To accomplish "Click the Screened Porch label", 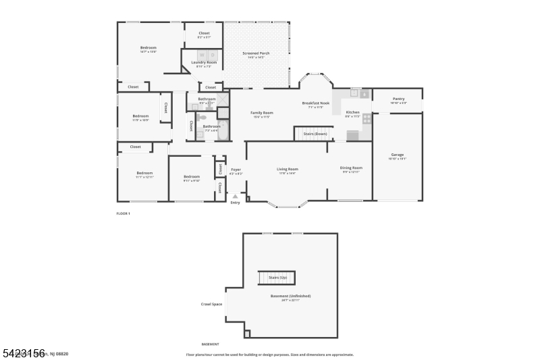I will [255, 53].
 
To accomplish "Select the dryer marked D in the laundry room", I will [212, 55].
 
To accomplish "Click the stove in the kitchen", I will [367, 118].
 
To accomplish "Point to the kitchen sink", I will [356, 93].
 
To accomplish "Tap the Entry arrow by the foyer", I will [235, 197].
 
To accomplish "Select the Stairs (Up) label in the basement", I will [278, 278].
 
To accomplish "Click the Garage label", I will [398, 155].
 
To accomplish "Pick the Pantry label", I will [398, 99].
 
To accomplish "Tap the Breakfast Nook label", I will [316, 103].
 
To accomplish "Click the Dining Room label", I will [351, 168].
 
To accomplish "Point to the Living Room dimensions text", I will [288, 174].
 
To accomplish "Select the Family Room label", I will [262, 112].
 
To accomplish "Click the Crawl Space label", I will [211, 304].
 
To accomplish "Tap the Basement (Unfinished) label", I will [290, 296].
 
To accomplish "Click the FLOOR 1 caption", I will [124, 213].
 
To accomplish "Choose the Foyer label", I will [236, 170].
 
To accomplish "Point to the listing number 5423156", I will [23, 353].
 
